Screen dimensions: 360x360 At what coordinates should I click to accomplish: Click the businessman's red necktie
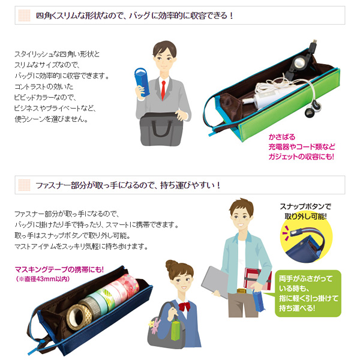163,89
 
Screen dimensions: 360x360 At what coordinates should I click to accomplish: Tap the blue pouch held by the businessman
142,82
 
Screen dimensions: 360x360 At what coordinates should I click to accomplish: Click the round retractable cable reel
299,62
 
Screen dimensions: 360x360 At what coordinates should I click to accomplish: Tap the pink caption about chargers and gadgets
301,147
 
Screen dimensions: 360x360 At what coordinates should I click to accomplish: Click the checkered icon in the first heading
24,16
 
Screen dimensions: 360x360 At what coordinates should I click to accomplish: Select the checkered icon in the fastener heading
24,185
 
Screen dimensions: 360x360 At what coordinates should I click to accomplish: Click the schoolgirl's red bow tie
184,306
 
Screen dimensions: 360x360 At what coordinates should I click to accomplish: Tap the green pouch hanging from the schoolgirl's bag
178,329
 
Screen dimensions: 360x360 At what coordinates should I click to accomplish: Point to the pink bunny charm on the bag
155,325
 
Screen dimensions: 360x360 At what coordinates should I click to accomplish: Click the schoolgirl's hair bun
172,266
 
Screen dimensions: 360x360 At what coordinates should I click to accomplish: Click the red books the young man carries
257,279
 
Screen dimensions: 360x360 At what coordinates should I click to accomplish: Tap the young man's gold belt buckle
242,291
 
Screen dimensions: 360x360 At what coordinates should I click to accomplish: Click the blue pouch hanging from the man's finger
259,301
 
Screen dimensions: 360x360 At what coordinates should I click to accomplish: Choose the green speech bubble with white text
307,293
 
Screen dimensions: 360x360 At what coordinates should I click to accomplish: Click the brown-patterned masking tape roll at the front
79,317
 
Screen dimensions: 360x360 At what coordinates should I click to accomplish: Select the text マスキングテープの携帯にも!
59,269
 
